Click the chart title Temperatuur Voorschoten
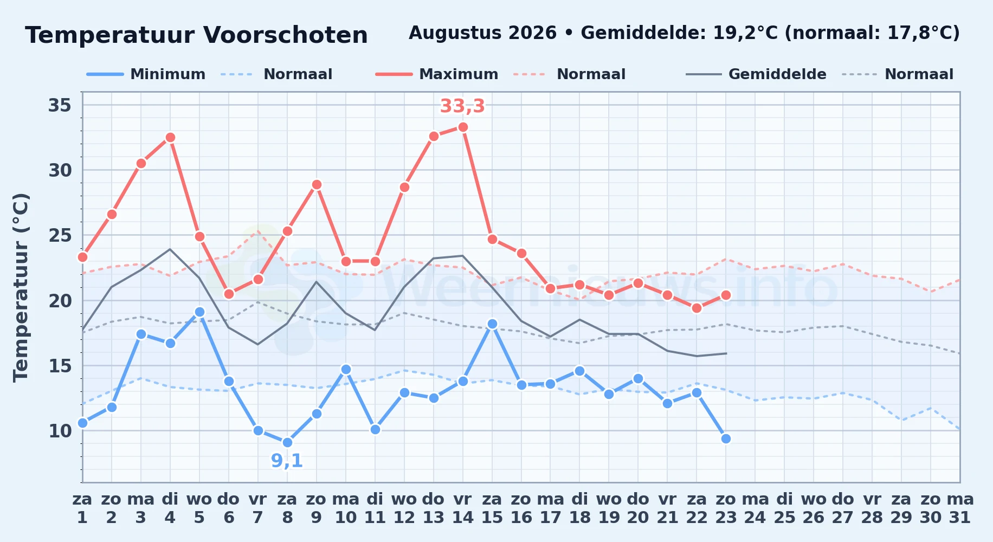196,35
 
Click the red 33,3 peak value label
462,106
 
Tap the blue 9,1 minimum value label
287,461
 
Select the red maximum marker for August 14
463,127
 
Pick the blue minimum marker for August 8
287,443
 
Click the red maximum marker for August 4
170,138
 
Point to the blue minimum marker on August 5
199,312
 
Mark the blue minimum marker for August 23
726,438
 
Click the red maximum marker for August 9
317,185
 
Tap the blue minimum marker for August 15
492,324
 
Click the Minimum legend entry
146,74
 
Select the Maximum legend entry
437,74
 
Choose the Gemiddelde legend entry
756,74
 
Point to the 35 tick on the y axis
60,105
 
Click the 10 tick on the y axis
60,431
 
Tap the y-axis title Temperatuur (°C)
21,287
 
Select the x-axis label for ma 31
960,508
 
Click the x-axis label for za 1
82,508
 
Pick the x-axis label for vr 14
463,508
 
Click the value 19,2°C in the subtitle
745,33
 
